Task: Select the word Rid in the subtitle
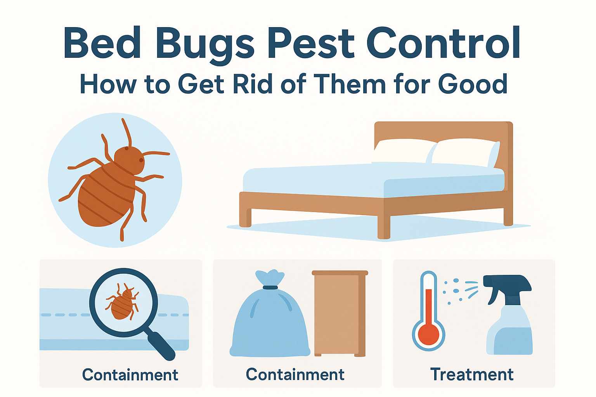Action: pyautogui.click(x=253, y=83)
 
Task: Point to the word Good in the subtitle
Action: pyautogui.click(x=472, y=83)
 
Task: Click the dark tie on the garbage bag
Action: pyautogui.click(x=270, y=287)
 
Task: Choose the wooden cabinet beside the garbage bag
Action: pyautogui.click(x=340, y=313)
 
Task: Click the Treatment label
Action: pyautogui.click(x=472, y=375)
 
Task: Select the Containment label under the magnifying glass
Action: pyautogui.click(x=130, y=375)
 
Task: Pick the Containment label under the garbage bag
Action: pyautogui.click(x=295, y=374)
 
